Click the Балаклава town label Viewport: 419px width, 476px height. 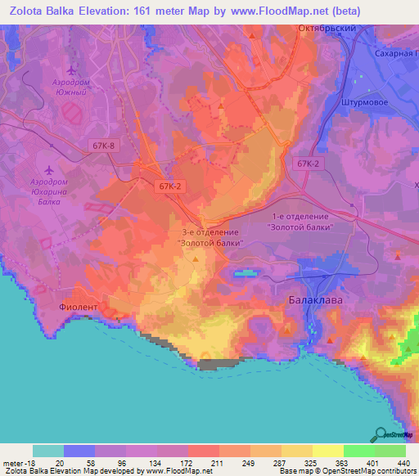312,300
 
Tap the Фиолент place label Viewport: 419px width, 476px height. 78,308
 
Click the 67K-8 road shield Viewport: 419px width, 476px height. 104,145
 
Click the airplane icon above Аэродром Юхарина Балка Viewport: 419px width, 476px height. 50,169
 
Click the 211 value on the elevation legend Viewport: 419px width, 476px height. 218,463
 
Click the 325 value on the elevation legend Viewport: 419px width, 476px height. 312,463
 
